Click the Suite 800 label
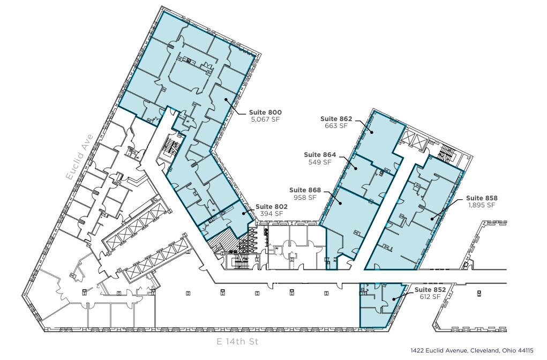coord(265,112)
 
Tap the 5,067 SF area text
coord(265,120)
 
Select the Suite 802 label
coord(272,206)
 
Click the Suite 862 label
coord(336,119)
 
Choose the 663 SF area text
coord(336,126)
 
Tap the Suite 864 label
coord(320,155)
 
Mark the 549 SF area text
coord(320,162)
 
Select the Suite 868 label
coord(305,190)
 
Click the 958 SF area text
coord(305,197)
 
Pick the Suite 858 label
coord(481,198)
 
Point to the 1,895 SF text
coord(481,205)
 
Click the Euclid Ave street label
coord(80,156)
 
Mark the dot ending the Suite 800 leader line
coord(226,100)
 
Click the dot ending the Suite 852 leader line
coord(394,299)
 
